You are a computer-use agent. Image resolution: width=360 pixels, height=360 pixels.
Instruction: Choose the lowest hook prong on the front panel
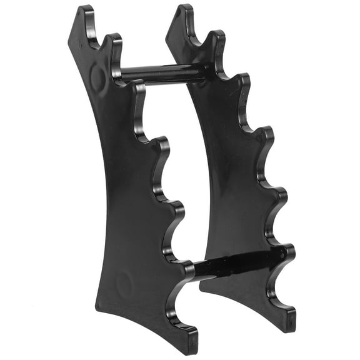[186, 269]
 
